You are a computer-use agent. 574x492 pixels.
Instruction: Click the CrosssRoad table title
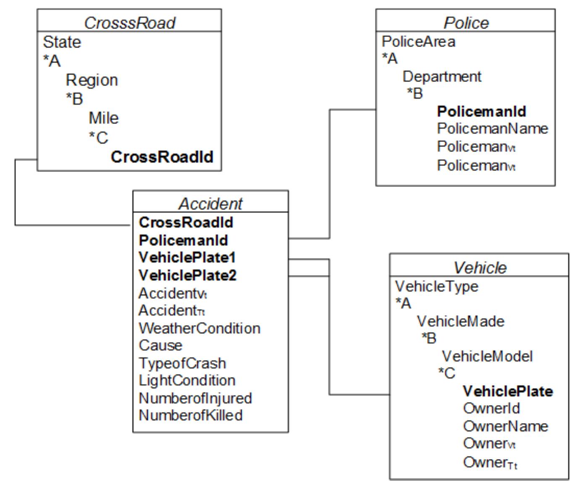(x=129, y=23)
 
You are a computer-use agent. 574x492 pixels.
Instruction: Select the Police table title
(x=466, y=23)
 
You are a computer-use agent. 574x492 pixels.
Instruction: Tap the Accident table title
(x=210, y=204)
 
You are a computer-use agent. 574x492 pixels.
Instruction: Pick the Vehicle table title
(x=480, y=267)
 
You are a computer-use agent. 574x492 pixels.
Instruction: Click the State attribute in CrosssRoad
(x=62, y=42)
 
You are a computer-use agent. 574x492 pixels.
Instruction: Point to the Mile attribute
(x=104, y=118)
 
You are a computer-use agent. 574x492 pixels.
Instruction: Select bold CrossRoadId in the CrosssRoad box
(x=162, y=157)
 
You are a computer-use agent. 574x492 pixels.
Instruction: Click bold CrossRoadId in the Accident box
(x=186, y=222)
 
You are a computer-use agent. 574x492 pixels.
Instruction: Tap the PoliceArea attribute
(x=418, y=42)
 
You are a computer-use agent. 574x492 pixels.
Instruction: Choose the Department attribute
(x=442, y=76)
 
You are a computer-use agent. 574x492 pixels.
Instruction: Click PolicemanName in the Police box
(x=492, y=128)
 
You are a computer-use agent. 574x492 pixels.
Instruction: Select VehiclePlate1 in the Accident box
(x=187, y=257)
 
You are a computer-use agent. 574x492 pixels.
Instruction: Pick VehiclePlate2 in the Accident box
(x=188, y=275)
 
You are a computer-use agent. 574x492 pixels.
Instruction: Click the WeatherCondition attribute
(x=199, y=328)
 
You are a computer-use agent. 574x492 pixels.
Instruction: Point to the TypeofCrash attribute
(x=182, y=363)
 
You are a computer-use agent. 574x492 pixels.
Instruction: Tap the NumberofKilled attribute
(x=191, y=415)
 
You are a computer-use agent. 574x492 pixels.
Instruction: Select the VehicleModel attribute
(x=487, y=356)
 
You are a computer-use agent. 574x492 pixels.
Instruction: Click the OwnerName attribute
(x=505, y=426)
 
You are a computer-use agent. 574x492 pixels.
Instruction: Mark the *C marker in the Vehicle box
(x=447, y=373)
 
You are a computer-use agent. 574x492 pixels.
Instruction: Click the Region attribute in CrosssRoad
(x=92, y=80)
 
